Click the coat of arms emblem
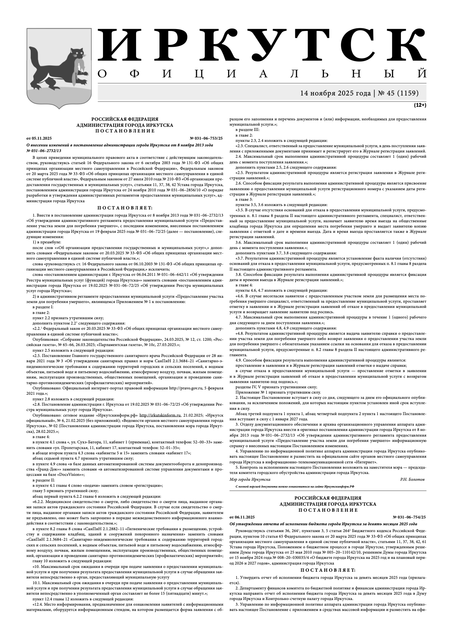[58, 66]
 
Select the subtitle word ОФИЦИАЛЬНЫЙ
[262, 74]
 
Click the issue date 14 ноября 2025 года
[335, 93]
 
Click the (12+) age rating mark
[420, 105]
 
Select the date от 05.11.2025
[39, 138]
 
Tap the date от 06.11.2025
[242, 517]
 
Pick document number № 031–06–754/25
[409, 517]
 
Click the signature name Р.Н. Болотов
[412, 479]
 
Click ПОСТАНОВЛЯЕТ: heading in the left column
[125, 208]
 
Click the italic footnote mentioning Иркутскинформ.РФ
[295, 487]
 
